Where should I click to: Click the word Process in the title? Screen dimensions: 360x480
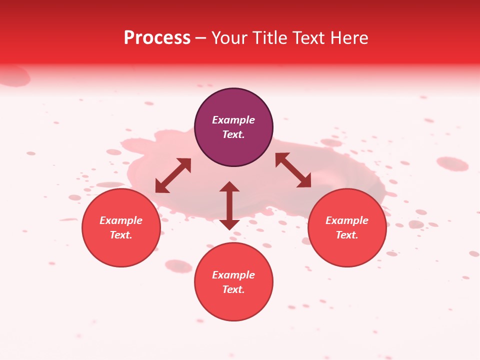click(x=157, y=38)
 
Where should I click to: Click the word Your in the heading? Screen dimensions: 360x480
click(x=229, y=38)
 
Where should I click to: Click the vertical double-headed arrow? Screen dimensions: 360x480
click(x=229, y=205)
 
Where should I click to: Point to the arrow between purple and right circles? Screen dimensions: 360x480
click(x=293, y=170)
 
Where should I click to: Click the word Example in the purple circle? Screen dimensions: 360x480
click(x=233, y=120)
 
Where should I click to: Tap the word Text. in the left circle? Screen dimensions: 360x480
click(x=121, y=235)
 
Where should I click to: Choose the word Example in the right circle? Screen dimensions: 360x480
click(x=347, y=220)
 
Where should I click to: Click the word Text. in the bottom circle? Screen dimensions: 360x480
click(x=233, y=289)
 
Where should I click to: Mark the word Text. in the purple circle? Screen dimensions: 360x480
click(x=233, y=134)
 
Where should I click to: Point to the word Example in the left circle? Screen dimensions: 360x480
click(x=121, y=220)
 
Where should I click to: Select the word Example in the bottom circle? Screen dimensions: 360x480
click(x=233, y=275)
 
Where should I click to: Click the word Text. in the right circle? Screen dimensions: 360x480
click(x=347, y=235)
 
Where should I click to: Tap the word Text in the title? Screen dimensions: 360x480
click(x=309, y=38)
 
